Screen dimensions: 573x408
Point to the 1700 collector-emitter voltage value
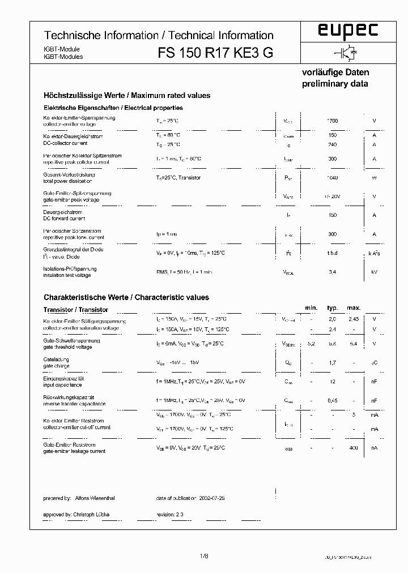(x=333, y=121)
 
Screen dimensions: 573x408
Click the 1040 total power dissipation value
(x=333, y=178)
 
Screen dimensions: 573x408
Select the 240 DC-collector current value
(x=333, y=144)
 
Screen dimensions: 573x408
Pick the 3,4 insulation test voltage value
(x=333, y=272)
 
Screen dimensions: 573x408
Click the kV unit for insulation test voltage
(x=374, y=272)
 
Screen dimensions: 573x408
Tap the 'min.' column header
(x=311, y=307)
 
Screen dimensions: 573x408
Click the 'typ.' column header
(x=332, y=307)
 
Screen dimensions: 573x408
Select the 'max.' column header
(x=354, y=307)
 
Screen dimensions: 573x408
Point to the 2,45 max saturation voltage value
(x=354, y=320)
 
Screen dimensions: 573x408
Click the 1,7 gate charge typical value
(x=333, y=362)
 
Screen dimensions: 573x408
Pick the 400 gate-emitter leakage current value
(x=354, y=448)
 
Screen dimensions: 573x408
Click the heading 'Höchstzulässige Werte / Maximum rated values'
(x=127, y=96)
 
